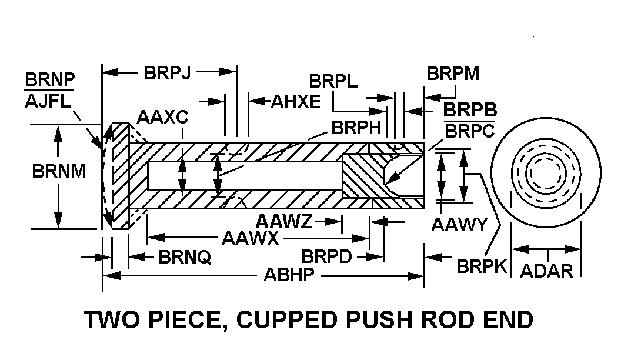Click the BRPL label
(333, 81)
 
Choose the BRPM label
(453, 74)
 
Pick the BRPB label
(470, 111)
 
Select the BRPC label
(470, 131)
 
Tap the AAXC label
(162, 117)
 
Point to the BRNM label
(59, 171)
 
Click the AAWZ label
(285, 222)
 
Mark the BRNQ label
(185, 257)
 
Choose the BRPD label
(326, 257)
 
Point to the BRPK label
(482, 266)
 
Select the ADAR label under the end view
(547, 271)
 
